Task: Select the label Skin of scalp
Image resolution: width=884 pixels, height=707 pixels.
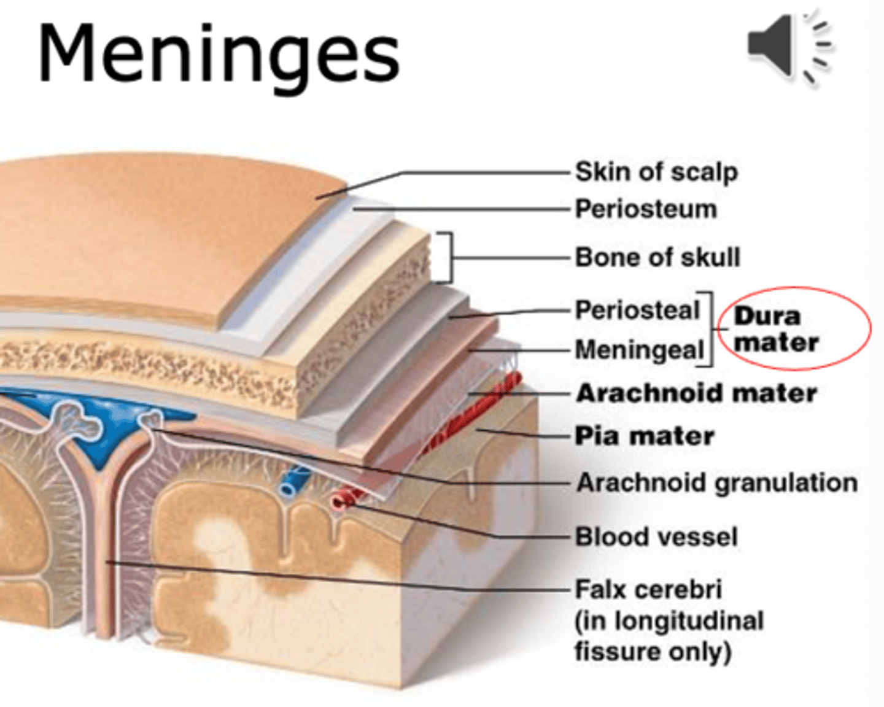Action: (x=656, y=172)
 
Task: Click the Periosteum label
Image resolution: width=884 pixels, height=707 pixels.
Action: (x=646, y=209)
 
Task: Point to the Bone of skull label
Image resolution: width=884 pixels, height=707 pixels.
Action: (x=657, y=257)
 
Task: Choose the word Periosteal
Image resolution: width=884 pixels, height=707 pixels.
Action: (x=637, y=310)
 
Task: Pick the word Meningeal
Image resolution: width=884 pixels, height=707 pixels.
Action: (x=639, y=350)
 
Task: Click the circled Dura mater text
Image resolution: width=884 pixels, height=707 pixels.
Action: (x=776, y=329)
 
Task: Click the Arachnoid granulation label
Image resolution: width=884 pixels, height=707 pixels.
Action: (x=716, y=483)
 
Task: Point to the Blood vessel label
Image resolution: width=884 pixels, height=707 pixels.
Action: (x=656, y=537)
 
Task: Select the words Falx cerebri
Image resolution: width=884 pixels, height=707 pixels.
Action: (x=648, y=590)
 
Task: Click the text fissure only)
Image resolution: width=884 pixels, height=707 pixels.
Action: (x=653, y=652)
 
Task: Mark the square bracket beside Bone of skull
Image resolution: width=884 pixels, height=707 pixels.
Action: (x=446, y=258)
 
